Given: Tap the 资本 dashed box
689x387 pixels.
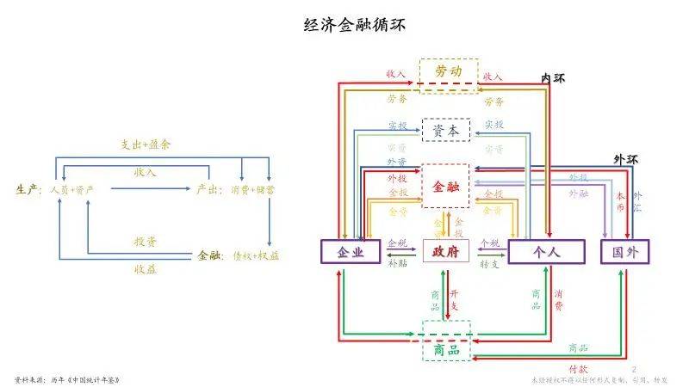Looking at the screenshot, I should point(447,130).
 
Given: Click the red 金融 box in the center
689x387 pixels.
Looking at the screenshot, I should point(447,185).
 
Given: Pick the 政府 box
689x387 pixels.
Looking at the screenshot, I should point(447,251).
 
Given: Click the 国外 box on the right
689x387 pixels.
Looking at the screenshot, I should point(624,251).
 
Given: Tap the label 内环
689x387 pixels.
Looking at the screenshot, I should point(553,78).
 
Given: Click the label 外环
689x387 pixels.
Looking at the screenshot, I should point(626,159).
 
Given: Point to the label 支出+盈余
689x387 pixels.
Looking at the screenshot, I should point(145,144).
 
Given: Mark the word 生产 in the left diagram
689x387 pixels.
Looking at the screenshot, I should point(28,188).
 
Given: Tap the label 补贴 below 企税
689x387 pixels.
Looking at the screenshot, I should point(398,264).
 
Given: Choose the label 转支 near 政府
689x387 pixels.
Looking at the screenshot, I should point(490,264).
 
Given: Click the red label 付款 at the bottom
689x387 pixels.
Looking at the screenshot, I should point(578,367).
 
